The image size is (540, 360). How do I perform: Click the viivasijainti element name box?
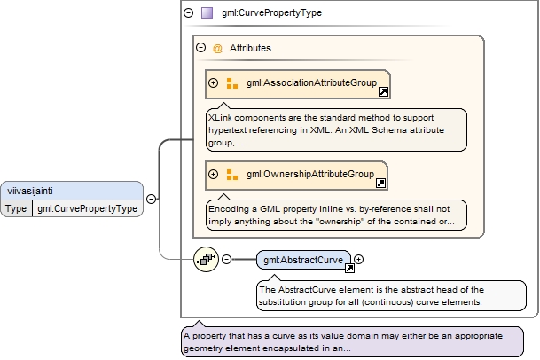pyautogui.click(x=72, y=191)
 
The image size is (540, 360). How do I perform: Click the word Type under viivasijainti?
pyautogui.click(x=16, y=208)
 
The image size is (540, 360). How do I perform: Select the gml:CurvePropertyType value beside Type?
pyautogui.click(x=88, y=208)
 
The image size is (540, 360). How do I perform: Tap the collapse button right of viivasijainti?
pyautogui.click(x=151, y=200)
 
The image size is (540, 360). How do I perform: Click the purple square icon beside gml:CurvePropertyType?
pyautogui.click(x=207, y=12)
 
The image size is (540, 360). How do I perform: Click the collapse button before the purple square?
pyautogui.click(x=188, y=12)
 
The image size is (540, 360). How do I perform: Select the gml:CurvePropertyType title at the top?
pyautogui.click(x=271, y=12)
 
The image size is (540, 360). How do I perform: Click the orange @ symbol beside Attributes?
pyautogui.click(x=217, y=48)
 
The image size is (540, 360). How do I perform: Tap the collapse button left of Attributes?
pyautogui.click(x=200, y=48)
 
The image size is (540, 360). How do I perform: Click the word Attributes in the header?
pyautogui.click(x=250, y=48)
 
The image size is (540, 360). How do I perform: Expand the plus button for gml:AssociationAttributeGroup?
pyautogui.click(x=213, y=83)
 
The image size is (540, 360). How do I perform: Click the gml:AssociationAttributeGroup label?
pyautogui.click(x=311, y=82)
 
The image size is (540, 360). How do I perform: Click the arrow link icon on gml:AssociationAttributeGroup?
pyautogui.click(x=383, y=91)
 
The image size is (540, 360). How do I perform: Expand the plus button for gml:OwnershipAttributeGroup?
pyautogui.click(x=213, y=175)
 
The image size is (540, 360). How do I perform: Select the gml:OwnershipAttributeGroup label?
pyautogui.click(x=310, y=174)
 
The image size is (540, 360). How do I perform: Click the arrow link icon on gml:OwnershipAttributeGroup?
pyautogui.click(x=380, y=183)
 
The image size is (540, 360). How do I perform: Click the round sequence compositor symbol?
pyautogui.click(x=206, y=259)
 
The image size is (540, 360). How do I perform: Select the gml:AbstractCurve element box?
pyautogui.click(x=303, y=260)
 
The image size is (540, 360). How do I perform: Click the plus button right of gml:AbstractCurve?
pyautogui.click(x=358, y=260)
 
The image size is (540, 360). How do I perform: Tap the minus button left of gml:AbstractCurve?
pyautogui.click(x=226, y=260)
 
